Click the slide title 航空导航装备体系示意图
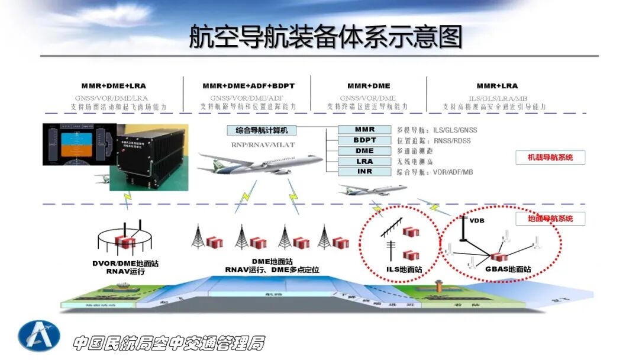[x=325, y=37]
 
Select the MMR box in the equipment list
[x=364, y=130]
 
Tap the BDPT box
[x=364, y=140]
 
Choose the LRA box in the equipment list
[x=364, y=162]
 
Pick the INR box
[x=364, y=172]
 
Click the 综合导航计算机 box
[x=262, y=130]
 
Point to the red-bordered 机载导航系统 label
[x=550, y=157]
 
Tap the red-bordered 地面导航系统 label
[x=550, y=219]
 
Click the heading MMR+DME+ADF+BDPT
[x=248, y=86]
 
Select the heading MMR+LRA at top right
[x=497, y=86]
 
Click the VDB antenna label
[x=477, y=221]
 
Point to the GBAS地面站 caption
[x=508, y=269]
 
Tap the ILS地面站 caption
[x=404, y=269]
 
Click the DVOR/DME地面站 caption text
[x=125, y=263]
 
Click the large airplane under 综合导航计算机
[x=260, y=163]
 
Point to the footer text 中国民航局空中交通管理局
[x=169, y=343]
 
